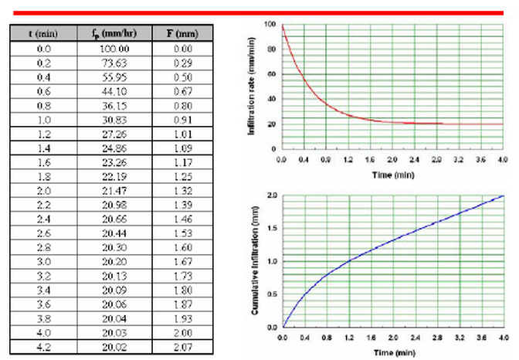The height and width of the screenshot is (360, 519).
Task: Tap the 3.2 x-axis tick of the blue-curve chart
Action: (460, 338)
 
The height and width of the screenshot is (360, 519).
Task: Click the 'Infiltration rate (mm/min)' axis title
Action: (253, 85)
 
